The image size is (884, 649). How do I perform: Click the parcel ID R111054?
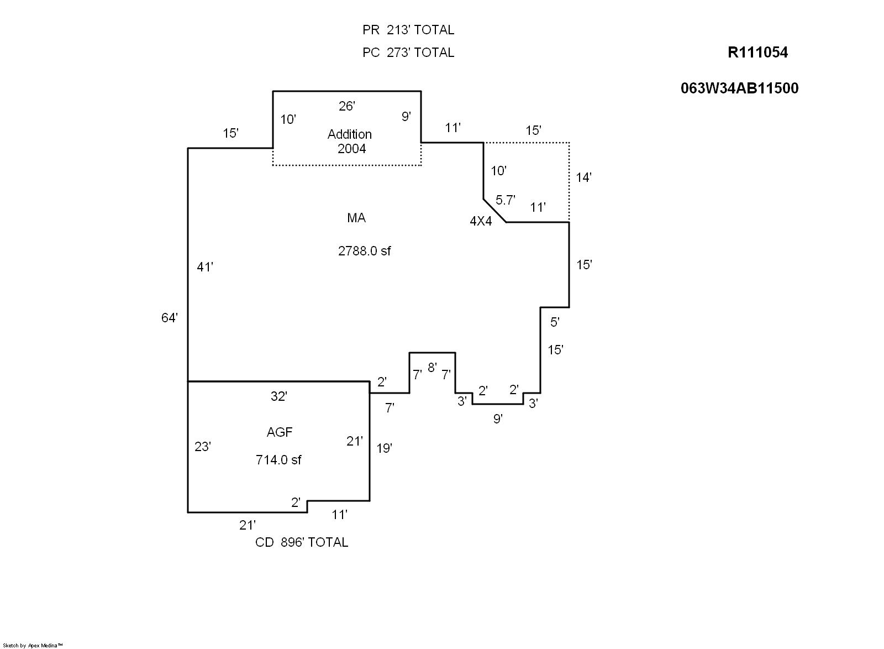coord(757,53)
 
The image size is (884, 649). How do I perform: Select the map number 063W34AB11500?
coord(739,88)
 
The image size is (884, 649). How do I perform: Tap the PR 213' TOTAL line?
coord(408,30)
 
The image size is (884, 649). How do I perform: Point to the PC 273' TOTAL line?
coord(408,53)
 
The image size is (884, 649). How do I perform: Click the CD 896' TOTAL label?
coord(302,542)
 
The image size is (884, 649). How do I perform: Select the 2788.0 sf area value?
coord(364,251)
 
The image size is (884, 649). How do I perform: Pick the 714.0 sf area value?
coord(278,460)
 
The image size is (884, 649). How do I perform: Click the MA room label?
coord(356,218)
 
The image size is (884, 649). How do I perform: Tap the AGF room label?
coord(280,432)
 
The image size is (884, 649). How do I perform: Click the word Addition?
coord(350,134)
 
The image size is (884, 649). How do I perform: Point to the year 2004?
coord(352,149)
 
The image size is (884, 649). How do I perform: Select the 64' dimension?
coord(170,318)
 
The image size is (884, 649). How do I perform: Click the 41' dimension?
coord(205,268)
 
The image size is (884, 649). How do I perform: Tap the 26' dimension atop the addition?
coord(346,106)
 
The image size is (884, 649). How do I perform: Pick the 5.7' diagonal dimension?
coord(505,200)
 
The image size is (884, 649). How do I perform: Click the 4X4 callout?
coord(481,222)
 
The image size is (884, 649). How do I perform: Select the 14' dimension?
coord(583,177)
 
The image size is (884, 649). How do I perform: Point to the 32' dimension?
coord(279,396)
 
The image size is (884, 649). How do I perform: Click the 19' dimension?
coord(384,448)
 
